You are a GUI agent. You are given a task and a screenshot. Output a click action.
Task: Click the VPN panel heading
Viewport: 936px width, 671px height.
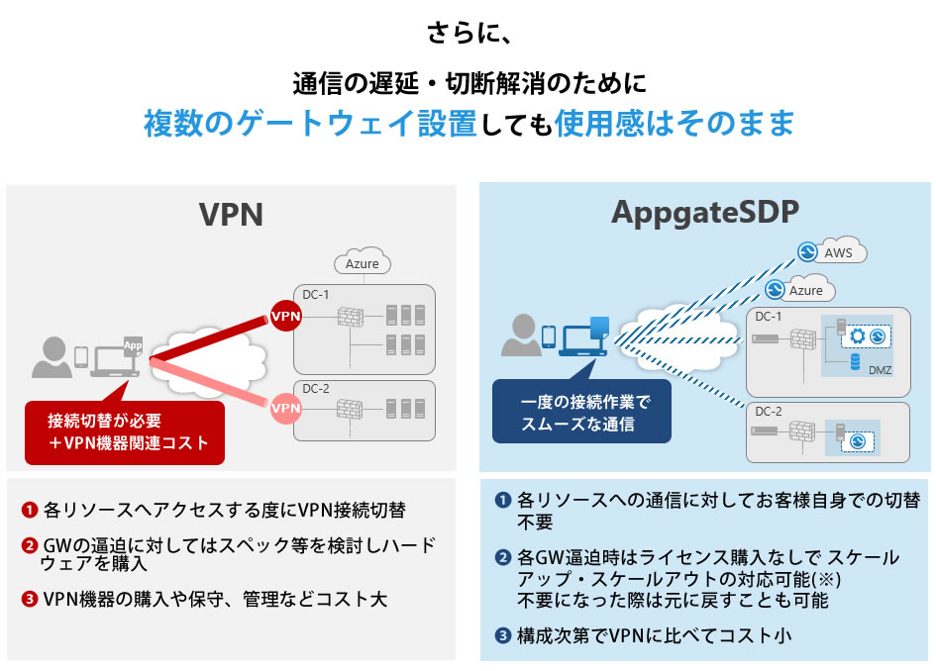pos(231,214)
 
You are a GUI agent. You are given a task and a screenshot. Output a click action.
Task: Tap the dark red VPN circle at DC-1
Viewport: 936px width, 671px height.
pos(285,317)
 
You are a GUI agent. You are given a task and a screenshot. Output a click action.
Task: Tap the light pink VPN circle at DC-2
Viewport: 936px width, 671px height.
pos(285,407)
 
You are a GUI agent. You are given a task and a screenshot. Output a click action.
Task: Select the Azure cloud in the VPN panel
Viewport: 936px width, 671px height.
pos(362,264)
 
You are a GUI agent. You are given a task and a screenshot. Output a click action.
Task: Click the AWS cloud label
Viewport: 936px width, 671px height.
pos(837,253)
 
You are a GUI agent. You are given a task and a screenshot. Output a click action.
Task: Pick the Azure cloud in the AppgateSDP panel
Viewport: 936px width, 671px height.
pos(804,291)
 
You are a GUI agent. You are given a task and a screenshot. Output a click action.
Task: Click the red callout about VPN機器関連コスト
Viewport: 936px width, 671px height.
pos(125,431)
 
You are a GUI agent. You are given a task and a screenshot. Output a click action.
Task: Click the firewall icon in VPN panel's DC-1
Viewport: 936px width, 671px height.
pos(352,318)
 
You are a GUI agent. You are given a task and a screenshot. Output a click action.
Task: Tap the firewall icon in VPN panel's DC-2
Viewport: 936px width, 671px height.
pos(352,408)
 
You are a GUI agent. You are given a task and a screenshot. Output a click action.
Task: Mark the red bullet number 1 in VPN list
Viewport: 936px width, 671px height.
pos(29,511)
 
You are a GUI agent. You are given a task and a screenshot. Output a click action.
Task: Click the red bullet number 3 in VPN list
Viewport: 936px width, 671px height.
pos(29,599)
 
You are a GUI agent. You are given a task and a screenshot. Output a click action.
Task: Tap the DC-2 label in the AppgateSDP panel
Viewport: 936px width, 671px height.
pos(769,411)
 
